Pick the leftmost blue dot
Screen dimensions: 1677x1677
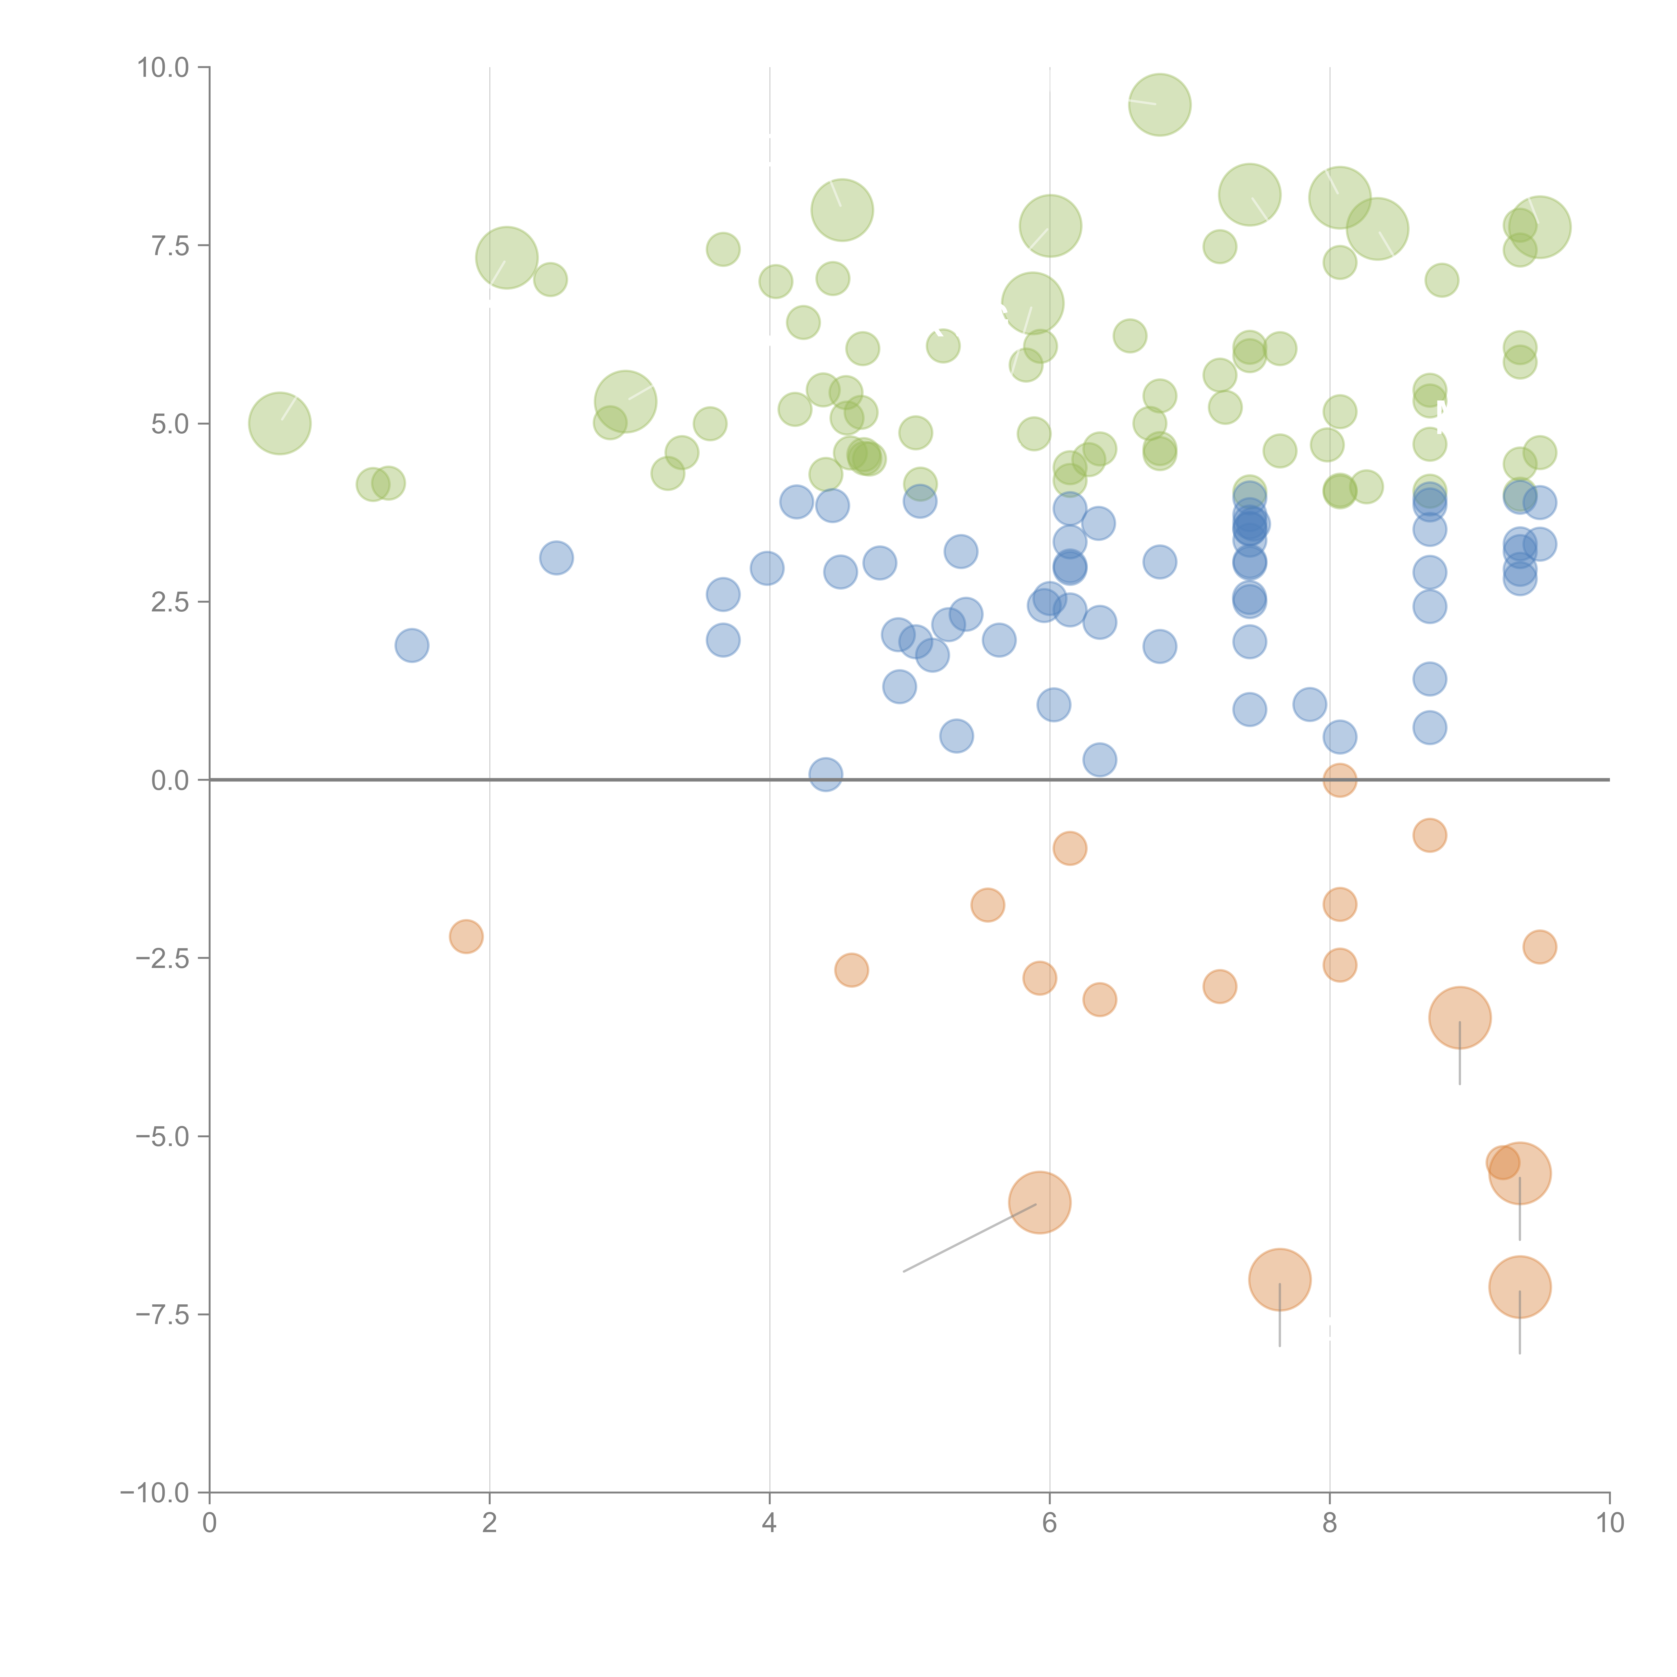412,645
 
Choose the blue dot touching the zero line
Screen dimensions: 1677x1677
825,774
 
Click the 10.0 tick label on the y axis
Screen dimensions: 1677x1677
163,68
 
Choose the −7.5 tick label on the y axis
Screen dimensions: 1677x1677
163,1314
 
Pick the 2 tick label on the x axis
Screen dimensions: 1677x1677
490,1523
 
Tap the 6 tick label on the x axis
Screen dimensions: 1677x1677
1049,1523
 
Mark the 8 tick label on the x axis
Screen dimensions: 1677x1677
1330,1523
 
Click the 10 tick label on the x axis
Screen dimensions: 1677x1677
1609,1523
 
